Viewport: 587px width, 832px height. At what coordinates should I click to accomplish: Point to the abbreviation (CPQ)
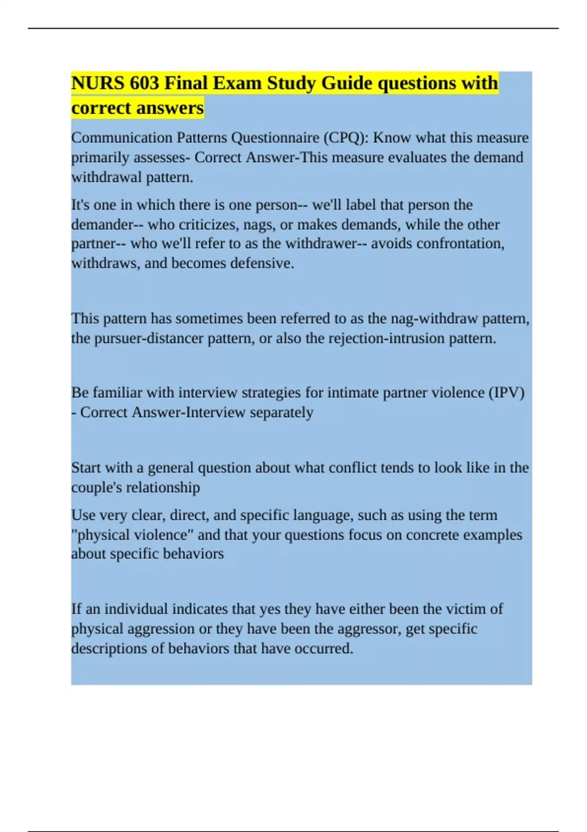pyautogui.click(x=346, y=138)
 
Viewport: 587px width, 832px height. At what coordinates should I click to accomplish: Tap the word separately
pyautogui.click(x=282, y=412)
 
